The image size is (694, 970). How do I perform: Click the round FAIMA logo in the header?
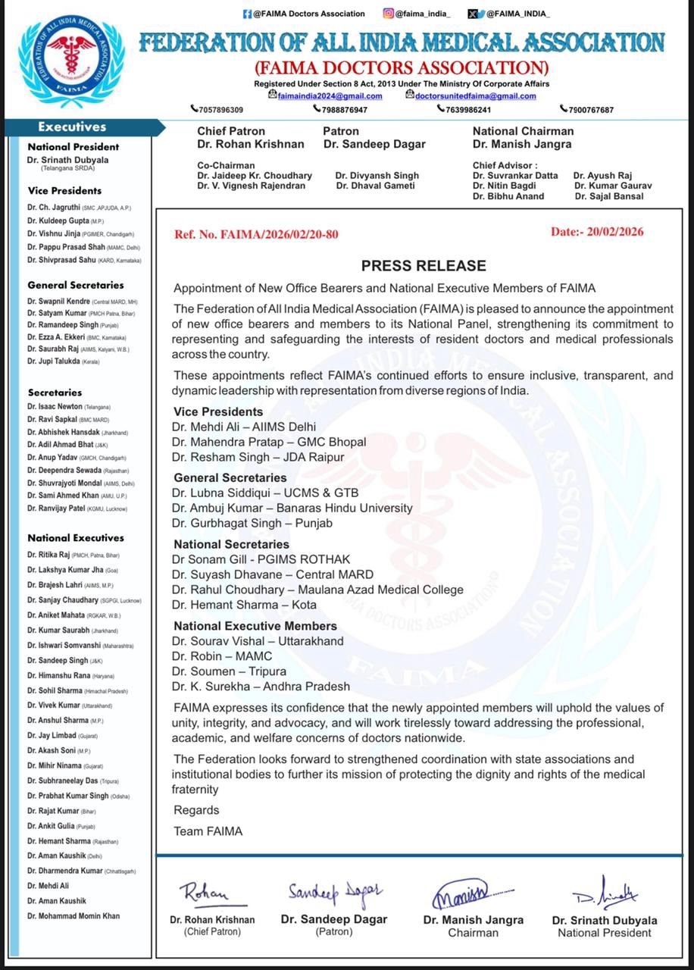(72, 62)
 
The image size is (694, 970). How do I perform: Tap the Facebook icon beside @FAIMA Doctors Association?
(247, 14)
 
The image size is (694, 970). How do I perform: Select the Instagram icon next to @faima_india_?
(388, 14)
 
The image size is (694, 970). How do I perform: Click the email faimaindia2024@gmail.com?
(330, 96)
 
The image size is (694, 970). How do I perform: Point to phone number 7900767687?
(590, 110)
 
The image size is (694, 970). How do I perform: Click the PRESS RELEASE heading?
(424, 266)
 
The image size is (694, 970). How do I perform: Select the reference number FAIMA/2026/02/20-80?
(257, 234)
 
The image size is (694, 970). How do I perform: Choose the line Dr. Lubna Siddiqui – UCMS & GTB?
(265, 493)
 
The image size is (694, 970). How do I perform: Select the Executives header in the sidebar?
(73, 127)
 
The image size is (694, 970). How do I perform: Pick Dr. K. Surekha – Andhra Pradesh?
(261, 687)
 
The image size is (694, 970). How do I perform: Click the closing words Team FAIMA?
(208, 831)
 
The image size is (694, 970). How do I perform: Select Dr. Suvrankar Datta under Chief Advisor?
(515, 176)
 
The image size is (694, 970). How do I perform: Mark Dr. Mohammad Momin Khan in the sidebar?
(73, 916)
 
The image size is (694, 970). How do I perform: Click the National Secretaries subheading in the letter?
(231, 544)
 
